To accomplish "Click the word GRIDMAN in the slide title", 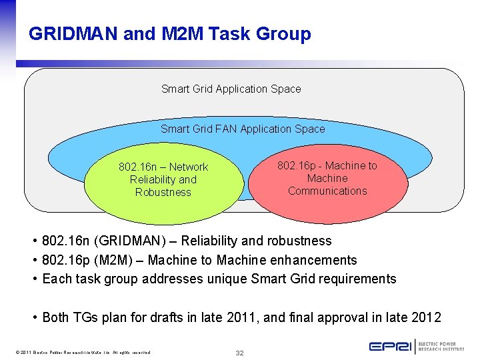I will [73, 33].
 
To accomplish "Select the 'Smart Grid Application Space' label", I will [231, 89].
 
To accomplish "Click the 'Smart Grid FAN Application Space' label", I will [243, 129].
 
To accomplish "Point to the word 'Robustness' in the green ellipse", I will [163, 192].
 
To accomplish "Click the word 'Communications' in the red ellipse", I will [327, 191].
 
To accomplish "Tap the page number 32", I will [239, 353].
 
